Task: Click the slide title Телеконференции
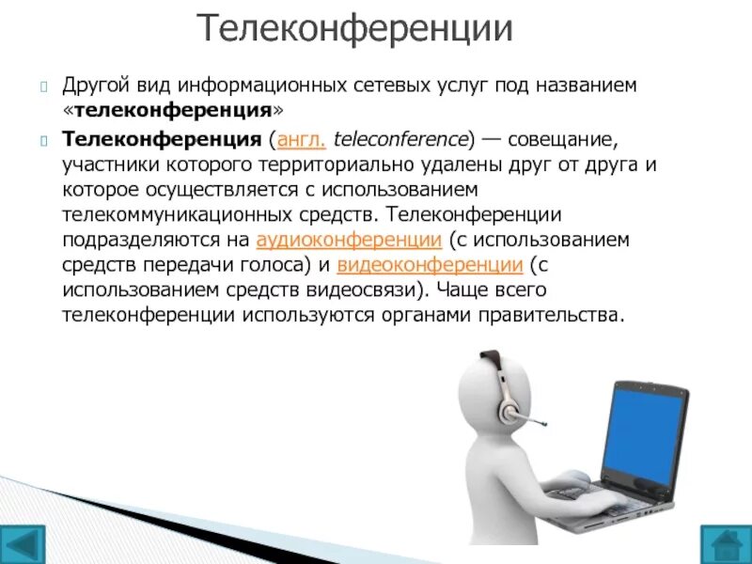pos(355,29)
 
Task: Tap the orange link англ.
pos(299,140)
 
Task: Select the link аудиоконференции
pos(349,238)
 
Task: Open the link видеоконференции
pos(430,262)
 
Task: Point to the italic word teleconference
pos(399,140)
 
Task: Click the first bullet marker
pos(44,86)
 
